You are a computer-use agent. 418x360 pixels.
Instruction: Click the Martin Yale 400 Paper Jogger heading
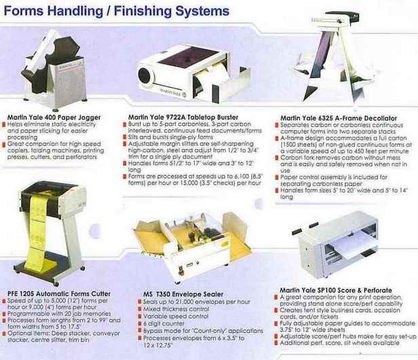pos(54,117)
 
